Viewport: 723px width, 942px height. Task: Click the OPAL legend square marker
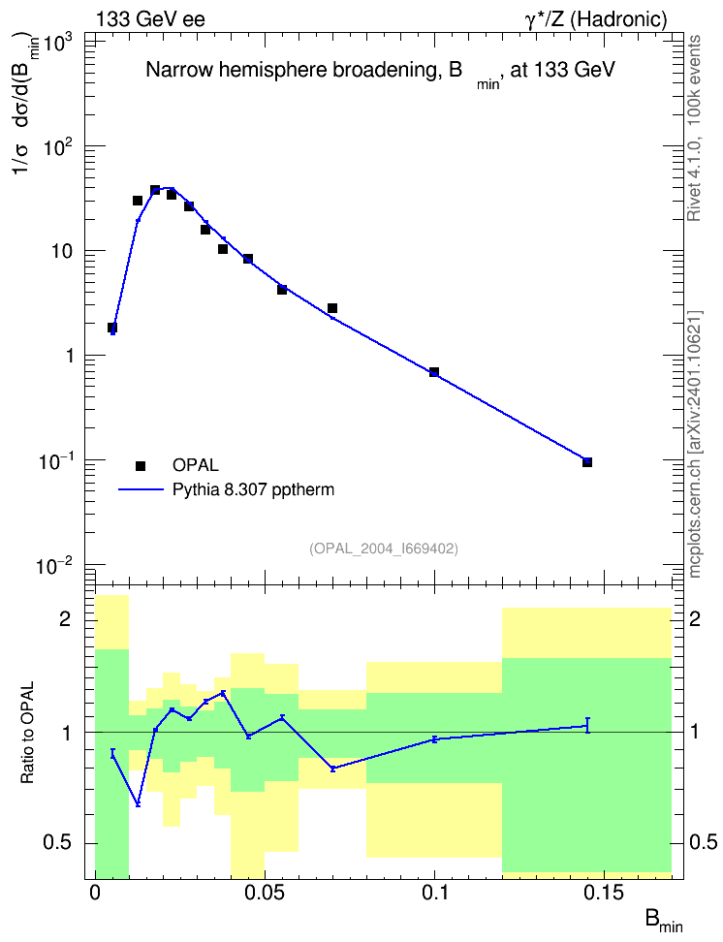coord(141,465)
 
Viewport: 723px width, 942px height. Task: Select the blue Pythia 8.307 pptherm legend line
coord(141,489)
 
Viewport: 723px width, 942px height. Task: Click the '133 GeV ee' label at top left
coord(150,19)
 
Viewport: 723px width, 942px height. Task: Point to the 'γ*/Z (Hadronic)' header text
coord(596,19)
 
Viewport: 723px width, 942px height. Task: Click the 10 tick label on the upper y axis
coord(62,251)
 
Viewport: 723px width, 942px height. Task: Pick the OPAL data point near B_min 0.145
coord(587,462)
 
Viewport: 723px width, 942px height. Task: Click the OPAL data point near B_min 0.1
coord(434,372)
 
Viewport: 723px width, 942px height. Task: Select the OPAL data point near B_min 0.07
coord(332,308)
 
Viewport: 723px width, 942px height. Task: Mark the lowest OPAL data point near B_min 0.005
coord(112,328)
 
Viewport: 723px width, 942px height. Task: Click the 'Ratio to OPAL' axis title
coord(27,732)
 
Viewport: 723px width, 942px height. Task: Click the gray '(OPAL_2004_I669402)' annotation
coord(384,549)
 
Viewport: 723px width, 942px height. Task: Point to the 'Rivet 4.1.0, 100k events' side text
coord(694,128)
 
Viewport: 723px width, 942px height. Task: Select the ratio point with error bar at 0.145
coord(587,726)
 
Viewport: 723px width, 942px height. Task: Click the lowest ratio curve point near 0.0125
coord(138,803)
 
